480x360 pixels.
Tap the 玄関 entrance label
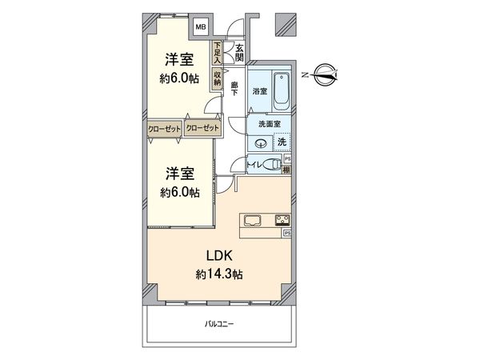click(239, 52)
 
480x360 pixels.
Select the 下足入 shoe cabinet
click(217, 53)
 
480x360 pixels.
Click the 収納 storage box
click(217, 78)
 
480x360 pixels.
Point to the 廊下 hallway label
click(235, 89)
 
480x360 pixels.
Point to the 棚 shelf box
click(287, 169)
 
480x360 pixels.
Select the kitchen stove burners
click(282, 220)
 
